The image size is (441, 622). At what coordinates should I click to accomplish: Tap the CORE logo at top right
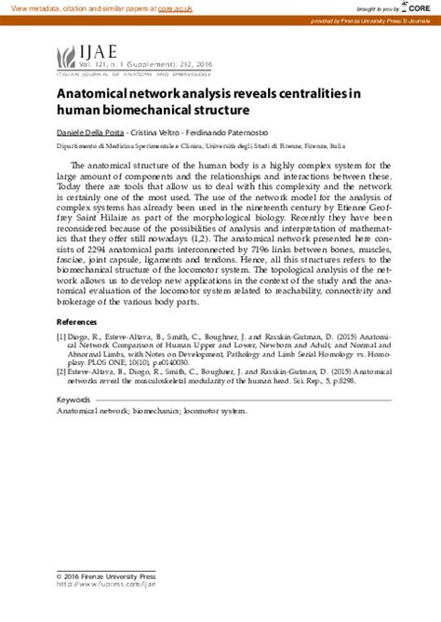(x=422, y=7)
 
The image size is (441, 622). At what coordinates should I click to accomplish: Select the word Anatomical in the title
(x=95, y=94)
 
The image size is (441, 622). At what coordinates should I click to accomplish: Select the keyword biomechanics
(x=153, y=410)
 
